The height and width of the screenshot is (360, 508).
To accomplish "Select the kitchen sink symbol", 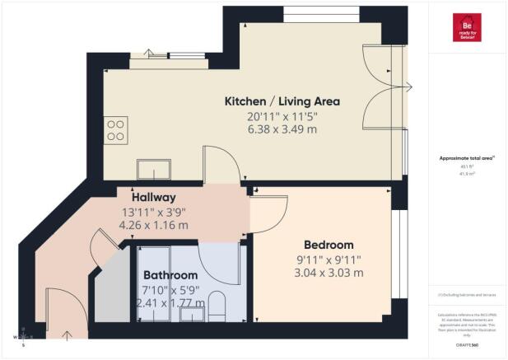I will coord(153,171).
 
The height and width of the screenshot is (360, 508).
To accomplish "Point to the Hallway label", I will coord(154,198).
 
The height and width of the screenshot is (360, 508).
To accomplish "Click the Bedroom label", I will coord(329,245).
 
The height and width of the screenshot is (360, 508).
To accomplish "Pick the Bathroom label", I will coord(170,275).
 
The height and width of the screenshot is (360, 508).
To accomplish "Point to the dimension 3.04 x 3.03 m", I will coord(329,273).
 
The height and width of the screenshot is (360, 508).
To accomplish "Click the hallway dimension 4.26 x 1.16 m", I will coord(154,225).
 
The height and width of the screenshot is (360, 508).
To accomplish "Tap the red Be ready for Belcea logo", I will coord(467,27).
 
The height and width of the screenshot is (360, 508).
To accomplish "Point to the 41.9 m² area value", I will coord(467,175).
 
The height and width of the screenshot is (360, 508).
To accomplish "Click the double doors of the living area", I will coord(384,86).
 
